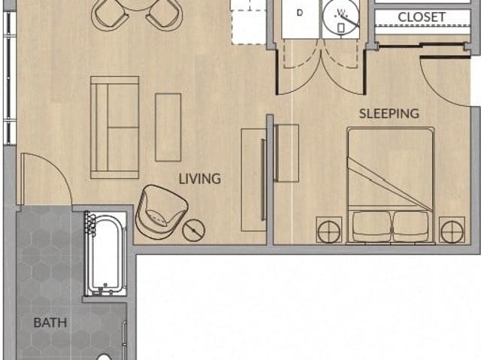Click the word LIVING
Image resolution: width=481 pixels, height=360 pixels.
(200, 179)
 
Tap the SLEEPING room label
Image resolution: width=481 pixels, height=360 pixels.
(389, 113)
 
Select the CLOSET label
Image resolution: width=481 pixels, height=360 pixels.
(422, 17)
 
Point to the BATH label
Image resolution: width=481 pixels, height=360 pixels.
(50, 322)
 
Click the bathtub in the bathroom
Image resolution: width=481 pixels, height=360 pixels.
(105, 253)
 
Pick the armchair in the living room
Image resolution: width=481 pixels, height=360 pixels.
(161, 211)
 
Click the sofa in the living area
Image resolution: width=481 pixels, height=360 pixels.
(115, 127)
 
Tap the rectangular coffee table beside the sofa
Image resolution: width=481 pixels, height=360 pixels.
(168, 127)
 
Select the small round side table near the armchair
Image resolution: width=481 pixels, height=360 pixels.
(194, 230)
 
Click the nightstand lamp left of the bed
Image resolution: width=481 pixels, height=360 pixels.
(329, 231)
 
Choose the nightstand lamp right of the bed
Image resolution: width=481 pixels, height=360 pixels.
(452, 231)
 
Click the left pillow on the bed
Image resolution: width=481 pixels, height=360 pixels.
(371, 226)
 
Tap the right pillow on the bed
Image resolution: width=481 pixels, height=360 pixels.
(411, 226)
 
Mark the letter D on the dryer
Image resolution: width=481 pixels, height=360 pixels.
(300, 13)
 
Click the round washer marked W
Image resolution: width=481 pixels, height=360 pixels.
(340, 18)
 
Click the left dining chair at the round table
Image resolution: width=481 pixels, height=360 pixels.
(110, 15)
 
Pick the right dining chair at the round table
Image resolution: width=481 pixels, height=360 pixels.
(165, 15)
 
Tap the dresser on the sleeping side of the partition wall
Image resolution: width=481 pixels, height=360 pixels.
(287, 153)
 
